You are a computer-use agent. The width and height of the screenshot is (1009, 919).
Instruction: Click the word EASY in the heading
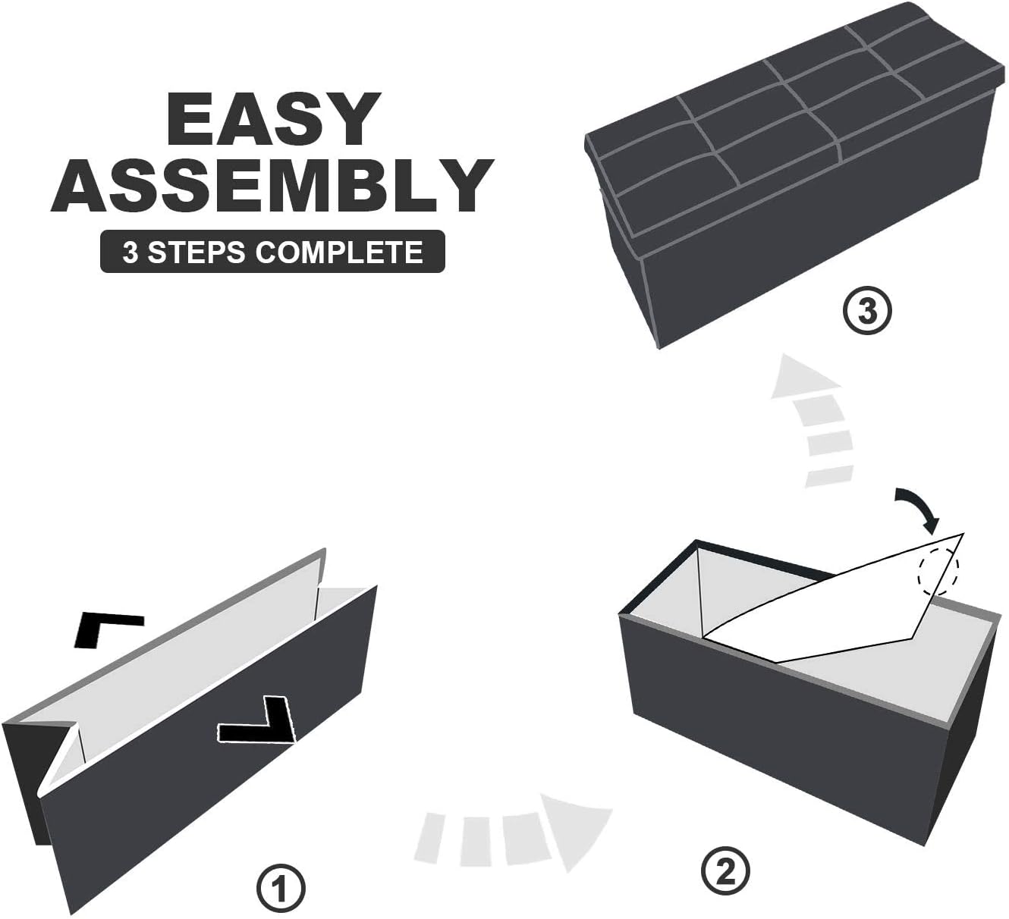tap(273, 119)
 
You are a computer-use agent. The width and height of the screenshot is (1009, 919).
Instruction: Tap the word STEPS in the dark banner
tap(197, 252)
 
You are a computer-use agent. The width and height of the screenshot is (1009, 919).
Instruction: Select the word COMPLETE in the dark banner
tap(339, 252)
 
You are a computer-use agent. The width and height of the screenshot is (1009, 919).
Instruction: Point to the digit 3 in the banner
tap(130, 252)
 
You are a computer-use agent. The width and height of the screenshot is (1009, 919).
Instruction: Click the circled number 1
tap(281, 889)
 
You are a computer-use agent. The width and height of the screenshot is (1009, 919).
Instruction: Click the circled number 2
tap(725, 870)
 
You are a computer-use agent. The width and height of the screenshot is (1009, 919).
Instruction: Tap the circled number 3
tap(866, 311)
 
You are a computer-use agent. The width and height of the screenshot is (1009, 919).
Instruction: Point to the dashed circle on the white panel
tap(938, 569)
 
